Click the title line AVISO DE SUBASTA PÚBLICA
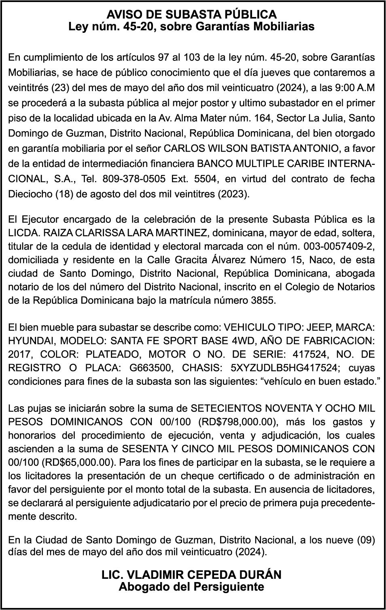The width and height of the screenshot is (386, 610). click(192, 15)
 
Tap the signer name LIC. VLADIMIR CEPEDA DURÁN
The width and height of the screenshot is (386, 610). click(192, 574)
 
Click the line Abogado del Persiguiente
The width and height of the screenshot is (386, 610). click(192, 587)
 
